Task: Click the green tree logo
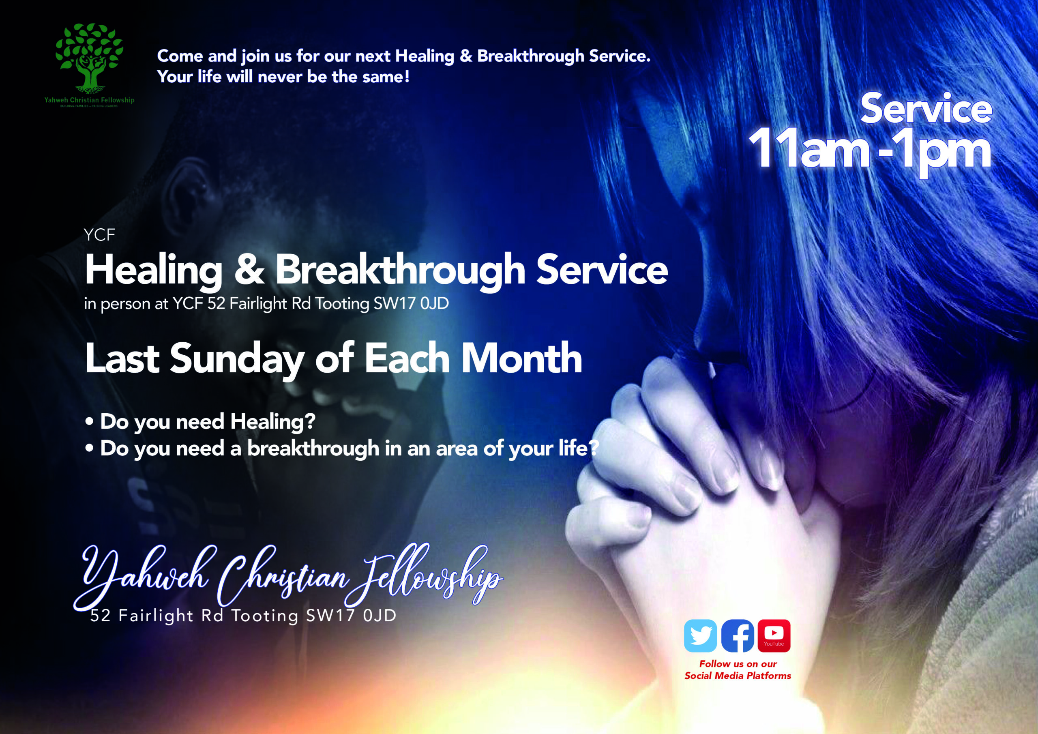(89, 56)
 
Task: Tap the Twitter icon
(700, 635)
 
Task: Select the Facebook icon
(738, 635)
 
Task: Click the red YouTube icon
(774, 635)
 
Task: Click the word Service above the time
(926, 109)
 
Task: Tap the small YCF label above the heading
(99, 235)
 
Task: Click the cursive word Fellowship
(425, 575)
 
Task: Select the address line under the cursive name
(243, 616)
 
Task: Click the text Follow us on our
(738, 664)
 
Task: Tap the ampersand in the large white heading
(249, 271)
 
